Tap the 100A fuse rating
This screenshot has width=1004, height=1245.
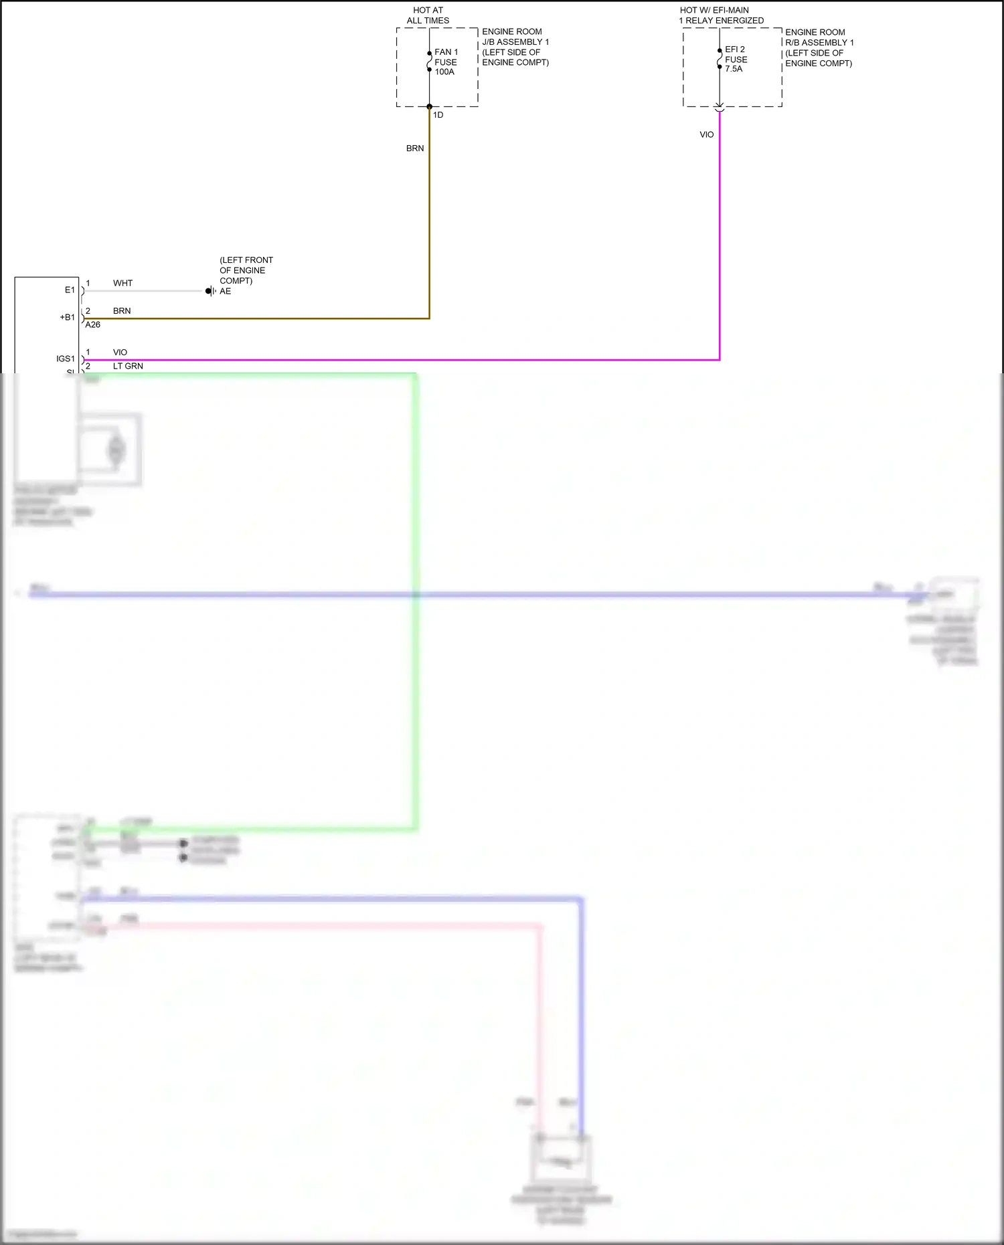[x=444, y=72]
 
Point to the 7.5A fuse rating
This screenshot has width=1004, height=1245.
[x=734, y=69]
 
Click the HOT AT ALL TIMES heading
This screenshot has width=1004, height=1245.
[x=428, y=15]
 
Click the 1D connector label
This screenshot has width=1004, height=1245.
[x=438, y=115]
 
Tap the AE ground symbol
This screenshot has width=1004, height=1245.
[x=210, y=291]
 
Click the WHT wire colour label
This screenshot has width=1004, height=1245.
[x=122, y=283]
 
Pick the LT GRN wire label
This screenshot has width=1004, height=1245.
[x=128, y=366]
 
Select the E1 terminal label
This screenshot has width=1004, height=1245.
[x=70, y=290]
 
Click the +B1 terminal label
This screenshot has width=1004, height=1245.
[x=68, y=317]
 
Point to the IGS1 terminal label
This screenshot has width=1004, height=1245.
[x=66, y=359]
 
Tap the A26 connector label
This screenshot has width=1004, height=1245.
[x=92, y=324]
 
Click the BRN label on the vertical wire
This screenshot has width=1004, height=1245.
[x=415, y=149]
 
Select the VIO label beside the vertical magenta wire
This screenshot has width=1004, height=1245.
[x=707, y=134]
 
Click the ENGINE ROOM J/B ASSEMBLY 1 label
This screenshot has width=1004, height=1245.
[x=515, y=47]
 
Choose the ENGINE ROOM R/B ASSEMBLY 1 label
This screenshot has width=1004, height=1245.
[x=819, y=47]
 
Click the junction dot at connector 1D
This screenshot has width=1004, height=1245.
[x=429, y=106]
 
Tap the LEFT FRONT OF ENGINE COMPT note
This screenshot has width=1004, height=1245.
[x=246, y=270]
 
